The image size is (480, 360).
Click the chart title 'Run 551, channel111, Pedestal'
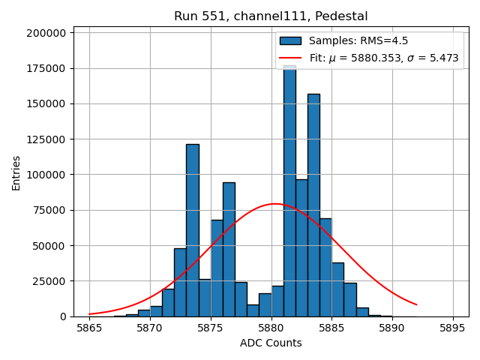271,16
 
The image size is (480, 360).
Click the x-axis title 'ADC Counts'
271,343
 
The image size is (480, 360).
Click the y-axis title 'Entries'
16,172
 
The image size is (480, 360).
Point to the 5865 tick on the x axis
89,327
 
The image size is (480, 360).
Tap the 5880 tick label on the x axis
271,327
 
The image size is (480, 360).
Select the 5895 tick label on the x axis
453,327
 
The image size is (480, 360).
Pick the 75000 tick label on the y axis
46,210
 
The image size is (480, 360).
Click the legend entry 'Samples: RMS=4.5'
358,40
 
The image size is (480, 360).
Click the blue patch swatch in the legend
290,40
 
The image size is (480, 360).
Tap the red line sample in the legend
290,58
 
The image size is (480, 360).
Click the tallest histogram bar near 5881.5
289,187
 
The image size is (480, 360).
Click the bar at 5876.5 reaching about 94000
229,247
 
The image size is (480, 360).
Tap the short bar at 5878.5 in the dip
253,310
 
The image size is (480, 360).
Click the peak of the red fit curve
274,204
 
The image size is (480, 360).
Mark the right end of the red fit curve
416,304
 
